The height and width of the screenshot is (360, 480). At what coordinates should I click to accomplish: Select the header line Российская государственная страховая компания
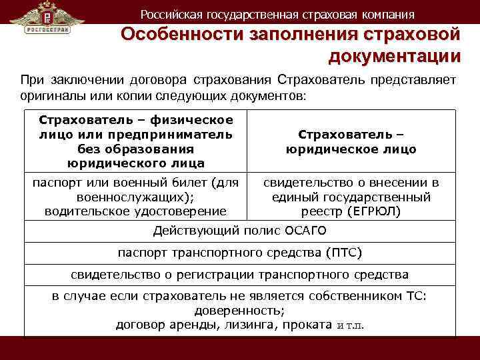277,14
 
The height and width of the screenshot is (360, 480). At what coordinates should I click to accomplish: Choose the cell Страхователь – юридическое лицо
351,141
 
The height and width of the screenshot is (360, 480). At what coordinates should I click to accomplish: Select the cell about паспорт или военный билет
135,197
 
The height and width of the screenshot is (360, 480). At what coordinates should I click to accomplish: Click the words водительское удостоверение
135,211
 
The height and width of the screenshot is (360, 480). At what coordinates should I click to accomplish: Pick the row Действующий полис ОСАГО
240,231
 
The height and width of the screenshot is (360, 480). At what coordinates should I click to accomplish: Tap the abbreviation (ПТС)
344,253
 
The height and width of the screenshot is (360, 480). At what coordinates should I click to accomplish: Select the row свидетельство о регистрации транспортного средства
240,275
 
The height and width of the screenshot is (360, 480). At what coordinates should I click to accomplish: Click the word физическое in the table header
192,120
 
